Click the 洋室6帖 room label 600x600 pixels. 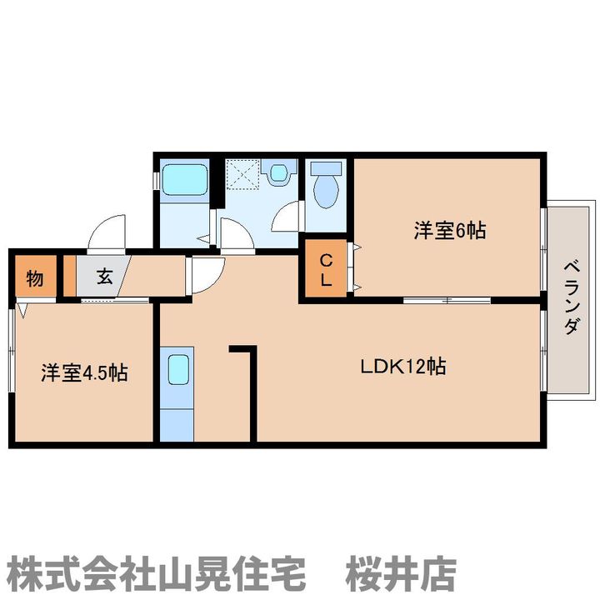pyautogui.click(x=450, y=231)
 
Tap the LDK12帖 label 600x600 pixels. pyautogui.click(x=403, y=366)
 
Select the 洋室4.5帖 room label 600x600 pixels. pyautogui.click(x=84, y=372)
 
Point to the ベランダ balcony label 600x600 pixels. pyautogui.click(x=572, y=297)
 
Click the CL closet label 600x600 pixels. pyautogui.click(x=326, y=271)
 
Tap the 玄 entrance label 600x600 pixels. pyautogui.click(x=104, y=276)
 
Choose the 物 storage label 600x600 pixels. pyautogui.click(x=35, y=278)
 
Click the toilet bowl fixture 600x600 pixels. pyautogui.click(x=326, y=185)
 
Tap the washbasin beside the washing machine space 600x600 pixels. pyautogui.click(x=279, y=173)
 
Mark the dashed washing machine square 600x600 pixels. pyautogui.click(x=242, y=174)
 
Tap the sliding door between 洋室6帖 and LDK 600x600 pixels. pyautogui.click(x=447, y=300)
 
